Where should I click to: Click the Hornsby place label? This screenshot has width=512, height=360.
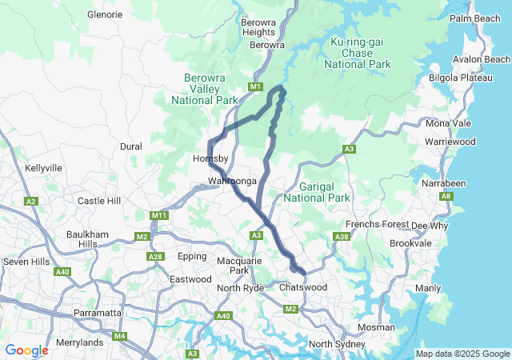[x=211, y=159]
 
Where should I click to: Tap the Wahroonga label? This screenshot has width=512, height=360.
[x=232, y=182]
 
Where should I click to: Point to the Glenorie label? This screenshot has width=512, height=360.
[x=104, y=14]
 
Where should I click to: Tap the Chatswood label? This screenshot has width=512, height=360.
[x=303, y=286]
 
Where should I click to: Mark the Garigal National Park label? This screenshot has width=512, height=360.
[x=317, y=191]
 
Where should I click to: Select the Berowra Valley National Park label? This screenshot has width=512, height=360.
[x=205, y=89]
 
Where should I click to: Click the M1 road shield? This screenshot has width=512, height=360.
[x=255, y=86]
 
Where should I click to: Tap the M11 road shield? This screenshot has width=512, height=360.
[x=158, y=215]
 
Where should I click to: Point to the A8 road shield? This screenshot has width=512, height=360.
[x=446, y=196]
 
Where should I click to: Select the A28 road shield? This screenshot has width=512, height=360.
[x=155, y=256]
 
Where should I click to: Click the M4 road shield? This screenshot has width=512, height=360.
[x=119, y=335]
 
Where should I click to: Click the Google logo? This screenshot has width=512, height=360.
[x=26, y=350]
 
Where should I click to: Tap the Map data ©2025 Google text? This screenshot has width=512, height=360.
[x=462, y=354]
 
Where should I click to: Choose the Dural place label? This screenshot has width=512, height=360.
[x=130, y=146]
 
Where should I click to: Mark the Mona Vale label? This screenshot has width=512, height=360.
[x=449, y=123]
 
